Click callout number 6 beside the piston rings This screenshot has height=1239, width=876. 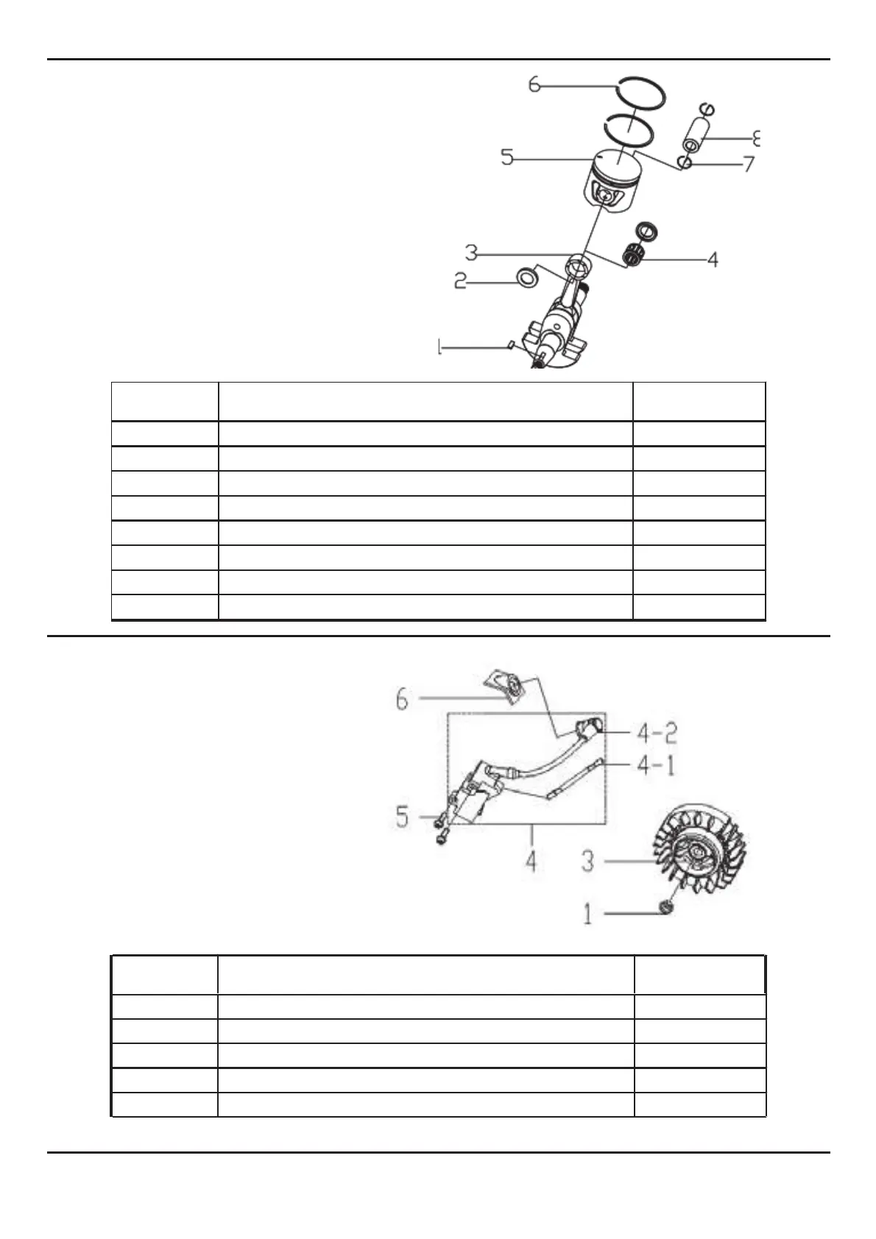(535, 85)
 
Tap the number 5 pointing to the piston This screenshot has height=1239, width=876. (507, 157)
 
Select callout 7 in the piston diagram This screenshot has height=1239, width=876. (749, 164)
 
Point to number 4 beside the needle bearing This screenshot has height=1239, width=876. (712, 259)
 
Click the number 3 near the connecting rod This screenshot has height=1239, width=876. (472, 253)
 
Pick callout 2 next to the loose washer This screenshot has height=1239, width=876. (461, 281)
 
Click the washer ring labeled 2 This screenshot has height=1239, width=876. (526, 278)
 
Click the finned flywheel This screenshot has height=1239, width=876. (699, 856)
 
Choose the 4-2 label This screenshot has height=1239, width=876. (657, 734)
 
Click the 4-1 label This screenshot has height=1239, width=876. (655, 765)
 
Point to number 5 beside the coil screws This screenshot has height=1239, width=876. (402, 816)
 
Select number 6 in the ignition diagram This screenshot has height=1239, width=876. (402, 699)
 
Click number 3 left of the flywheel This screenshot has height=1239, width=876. (587, 860)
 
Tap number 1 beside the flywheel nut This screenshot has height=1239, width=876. (587, 915)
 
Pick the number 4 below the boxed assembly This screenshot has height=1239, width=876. (531, 860)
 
